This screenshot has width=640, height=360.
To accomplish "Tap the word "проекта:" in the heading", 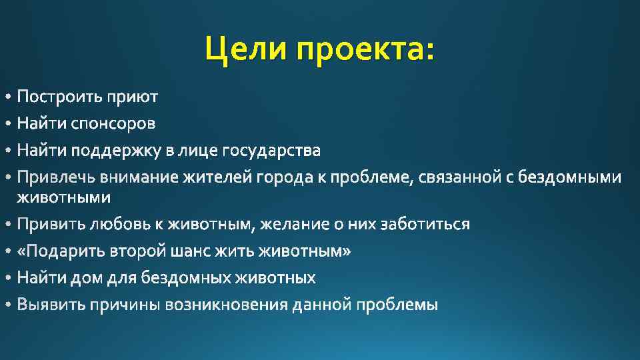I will pyautogui.click(x=365, y=49).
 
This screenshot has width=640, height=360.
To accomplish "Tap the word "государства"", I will pyautogui.click(x=271, y=151).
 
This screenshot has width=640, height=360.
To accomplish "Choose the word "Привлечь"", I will pyautogui.click(x=56, y=178).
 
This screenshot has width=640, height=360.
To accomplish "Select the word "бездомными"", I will pyautogui.click(x=579, y=178).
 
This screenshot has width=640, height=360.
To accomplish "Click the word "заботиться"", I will pyautogui.click(x=425, y=225).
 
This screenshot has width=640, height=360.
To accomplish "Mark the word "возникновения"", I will pyautogui.click(x=227, y=305).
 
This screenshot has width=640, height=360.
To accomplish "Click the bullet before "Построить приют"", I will pyautogui.click(x=7, y=98).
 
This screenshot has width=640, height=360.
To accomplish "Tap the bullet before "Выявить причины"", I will pyautogui.click(x=7, y=305).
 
